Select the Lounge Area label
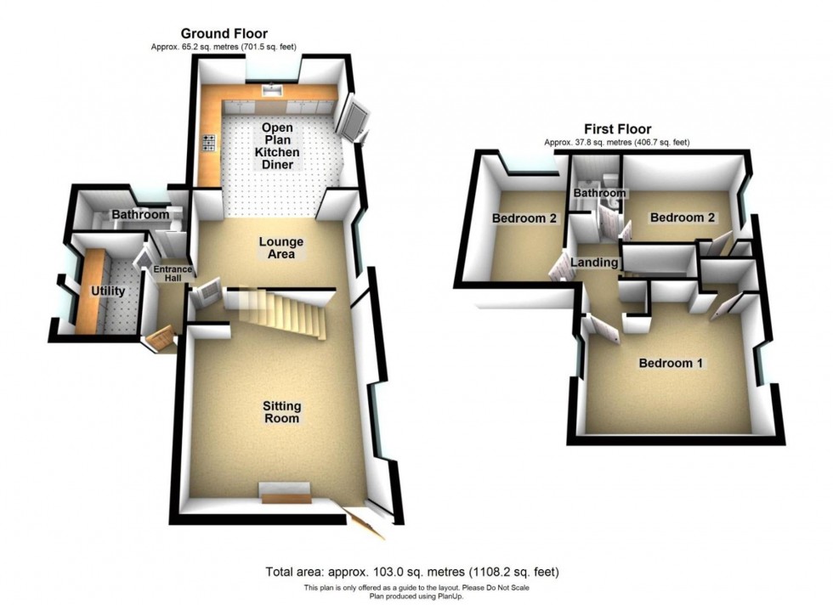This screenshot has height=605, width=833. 281,248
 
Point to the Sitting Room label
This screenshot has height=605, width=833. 281,412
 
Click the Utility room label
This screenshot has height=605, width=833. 108,291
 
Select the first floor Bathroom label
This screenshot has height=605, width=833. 599,194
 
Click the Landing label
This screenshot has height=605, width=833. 594,263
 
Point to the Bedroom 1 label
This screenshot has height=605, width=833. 671,363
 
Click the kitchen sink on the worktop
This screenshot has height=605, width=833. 273,88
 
